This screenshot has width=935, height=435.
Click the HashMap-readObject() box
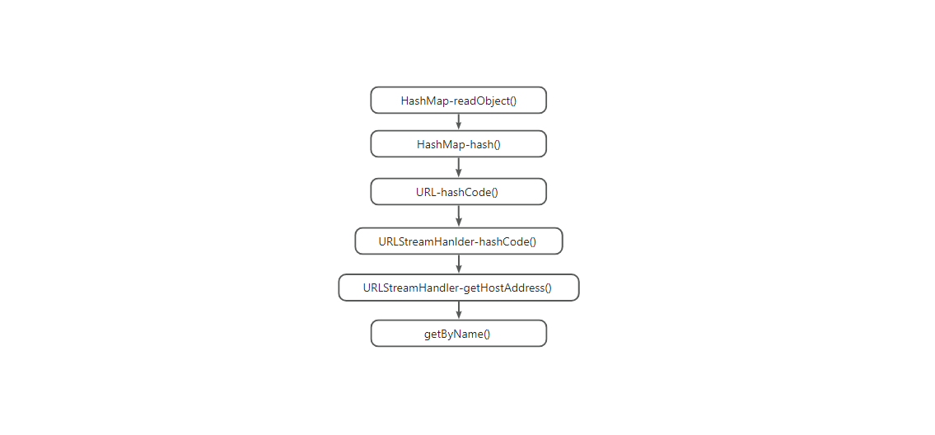click(x=459, y=101)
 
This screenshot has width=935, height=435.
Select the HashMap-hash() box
click(x=459, y=144)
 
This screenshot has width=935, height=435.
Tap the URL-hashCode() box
click(x=459, y=191)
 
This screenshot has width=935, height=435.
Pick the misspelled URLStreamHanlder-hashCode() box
click(x=459, y=241)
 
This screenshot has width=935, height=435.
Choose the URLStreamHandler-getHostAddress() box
click(x=459, y=288)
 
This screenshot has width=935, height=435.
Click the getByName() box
click(x=459, y=333)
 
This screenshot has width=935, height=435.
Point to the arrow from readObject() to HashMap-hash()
click(x=459, y=122)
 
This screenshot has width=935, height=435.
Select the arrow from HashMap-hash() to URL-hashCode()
click(x=459, y=168)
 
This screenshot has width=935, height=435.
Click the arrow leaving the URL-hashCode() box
click(x=459, y=216)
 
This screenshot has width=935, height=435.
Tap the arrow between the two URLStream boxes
click(x=459, y=264)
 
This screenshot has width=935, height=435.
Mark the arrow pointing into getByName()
click(x=459, y=311)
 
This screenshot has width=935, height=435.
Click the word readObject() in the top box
click(x=485, y=101)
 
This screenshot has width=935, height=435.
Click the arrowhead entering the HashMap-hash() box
click(x=459, y=127)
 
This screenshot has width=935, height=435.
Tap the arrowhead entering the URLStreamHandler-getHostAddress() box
click(x=459, y=269)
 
